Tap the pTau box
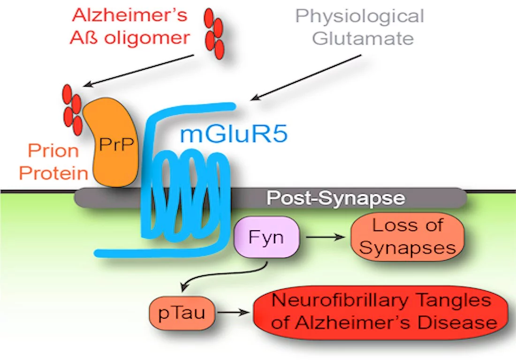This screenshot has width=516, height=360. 182,312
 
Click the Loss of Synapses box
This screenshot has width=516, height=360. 407,237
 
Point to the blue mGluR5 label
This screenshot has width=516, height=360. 233,135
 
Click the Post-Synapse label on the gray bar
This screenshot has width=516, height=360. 336,198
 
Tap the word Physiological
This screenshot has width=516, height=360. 359,16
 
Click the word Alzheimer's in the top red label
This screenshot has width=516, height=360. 129,15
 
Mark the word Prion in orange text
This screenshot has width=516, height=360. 53,151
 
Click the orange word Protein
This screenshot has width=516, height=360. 54,173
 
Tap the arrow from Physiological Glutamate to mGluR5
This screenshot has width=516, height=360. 307,76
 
